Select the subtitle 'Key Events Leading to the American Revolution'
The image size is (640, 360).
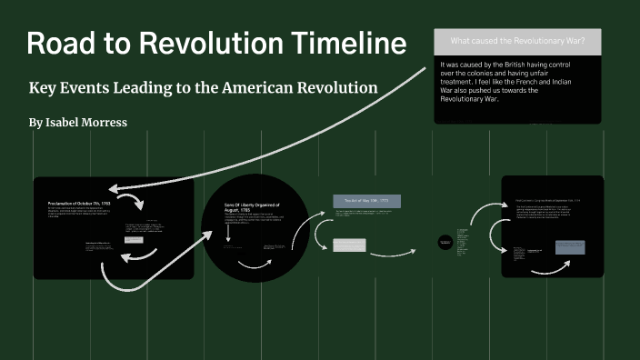tap(203, 88)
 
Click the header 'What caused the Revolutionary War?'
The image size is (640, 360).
tap(517, 42)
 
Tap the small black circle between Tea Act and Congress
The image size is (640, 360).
tap(445, 241)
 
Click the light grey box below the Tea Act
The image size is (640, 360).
tap(349, 245)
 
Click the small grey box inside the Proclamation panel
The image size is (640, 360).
tap(133, 241)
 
